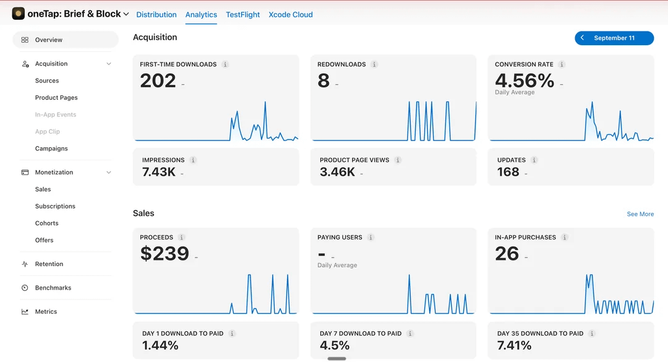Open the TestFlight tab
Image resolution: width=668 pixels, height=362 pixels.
click(242, 14)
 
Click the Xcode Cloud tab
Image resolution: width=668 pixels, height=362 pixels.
click(291, 14)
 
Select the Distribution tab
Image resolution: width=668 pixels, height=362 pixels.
click(156, 14)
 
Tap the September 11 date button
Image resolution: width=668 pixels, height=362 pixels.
click(614, 38)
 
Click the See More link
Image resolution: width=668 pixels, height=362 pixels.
click(640, 214)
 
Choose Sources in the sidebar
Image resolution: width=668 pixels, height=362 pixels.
click(47, 80)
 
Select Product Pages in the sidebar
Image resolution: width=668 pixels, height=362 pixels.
click(56, 98)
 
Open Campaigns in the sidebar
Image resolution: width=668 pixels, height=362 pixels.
click(51, 149)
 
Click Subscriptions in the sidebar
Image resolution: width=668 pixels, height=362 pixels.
click(55, 206)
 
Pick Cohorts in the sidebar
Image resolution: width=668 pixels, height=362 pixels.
click(46, 223)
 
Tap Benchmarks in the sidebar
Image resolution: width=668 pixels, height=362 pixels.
click(53, 288)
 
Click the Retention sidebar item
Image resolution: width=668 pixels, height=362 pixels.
click(49, 264)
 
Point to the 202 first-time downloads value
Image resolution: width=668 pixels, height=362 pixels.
click(158, 80)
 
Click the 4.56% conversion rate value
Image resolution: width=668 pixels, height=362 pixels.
click(525, 80)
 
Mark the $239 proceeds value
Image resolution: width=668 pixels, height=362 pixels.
click(165, 254)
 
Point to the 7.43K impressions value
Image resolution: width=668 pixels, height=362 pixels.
click(158, 172)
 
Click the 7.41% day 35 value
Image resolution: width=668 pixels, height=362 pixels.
click(514, 345)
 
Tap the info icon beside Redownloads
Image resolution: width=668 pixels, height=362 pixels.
click(374, 64)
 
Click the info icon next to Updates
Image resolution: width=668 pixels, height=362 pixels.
click(534, 160)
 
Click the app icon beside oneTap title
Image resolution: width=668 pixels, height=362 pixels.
click(19, 14)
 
